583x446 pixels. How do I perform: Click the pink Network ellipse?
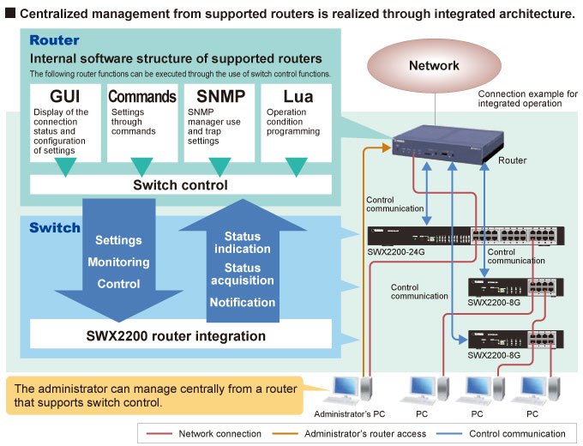434,65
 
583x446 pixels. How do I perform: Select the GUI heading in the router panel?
59,96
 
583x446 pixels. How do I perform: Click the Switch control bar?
180,184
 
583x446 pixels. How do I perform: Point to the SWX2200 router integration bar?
180,335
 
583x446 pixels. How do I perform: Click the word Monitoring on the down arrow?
118,262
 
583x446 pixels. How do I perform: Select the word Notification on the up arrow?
243,302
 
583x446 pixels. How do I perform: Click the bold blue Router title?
54,40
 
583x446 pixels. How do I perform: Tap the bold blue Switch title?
55,227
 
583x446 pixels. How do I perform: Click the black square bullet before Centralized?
9,14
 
